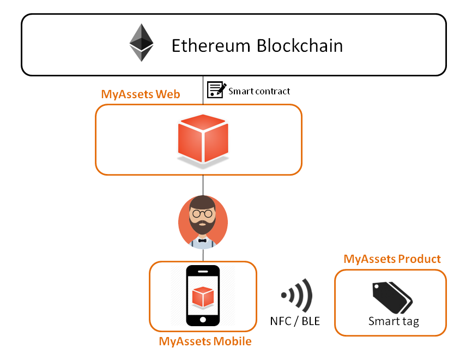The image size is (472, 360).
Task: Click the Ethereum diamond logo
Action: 141,43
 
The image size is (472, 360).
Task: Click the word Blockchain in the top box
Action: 300,45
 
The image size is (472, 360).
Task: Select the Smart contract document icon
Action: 216,89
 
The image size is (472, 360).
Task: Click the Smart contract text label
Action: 259,91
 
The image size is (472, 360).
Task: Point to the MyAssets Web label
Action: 141,94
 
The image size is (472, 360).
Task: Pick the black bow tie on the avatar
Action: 203,239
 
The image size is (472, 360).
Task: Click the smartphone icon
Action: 203,295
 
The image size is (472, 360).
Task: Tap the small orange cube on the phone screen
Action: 203,296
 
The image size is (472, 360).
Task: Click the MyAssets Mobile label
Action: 205,342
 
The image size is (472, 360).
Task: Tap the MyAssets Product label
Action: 392,259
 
